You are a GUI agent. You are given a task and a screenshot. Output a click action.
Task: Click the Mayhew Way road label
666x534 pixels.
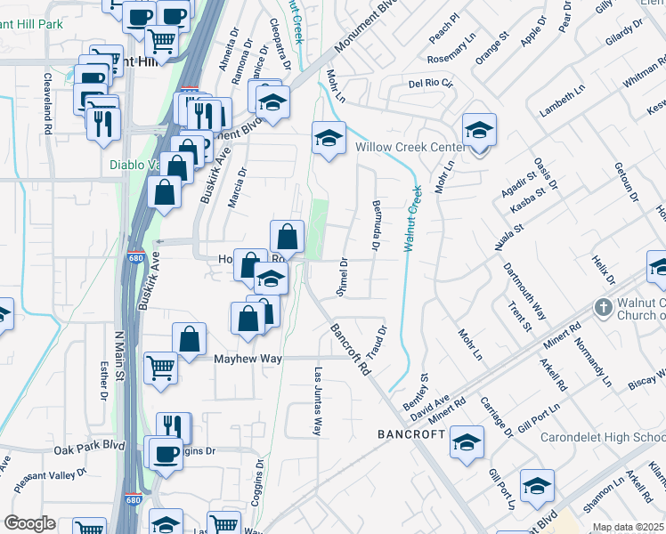[247, 358]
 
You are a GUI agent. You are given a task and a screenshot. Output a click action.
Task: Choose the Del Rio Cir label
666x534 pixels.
[431, 84]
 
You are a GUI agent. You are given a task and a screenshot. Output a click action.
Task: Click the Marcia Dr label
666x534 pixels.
[234, 184]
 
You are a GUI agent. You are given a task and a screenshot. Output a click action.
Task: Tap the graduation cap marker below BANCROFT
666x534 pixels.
[467, 442]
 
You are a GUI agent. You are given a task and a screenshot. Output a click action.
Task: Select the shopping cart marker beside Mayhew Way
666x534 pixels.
[160, 366]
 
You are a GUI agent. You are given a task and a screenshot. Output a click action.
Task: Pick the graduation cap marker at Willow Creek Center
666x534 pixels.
[479, 131]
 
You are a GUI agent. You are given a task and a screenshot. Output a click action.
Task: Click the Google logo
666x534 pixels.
[30, 523]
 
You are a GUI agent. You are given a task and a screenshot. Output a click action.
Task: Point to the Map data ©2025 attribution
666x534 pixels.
[628, 528]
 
